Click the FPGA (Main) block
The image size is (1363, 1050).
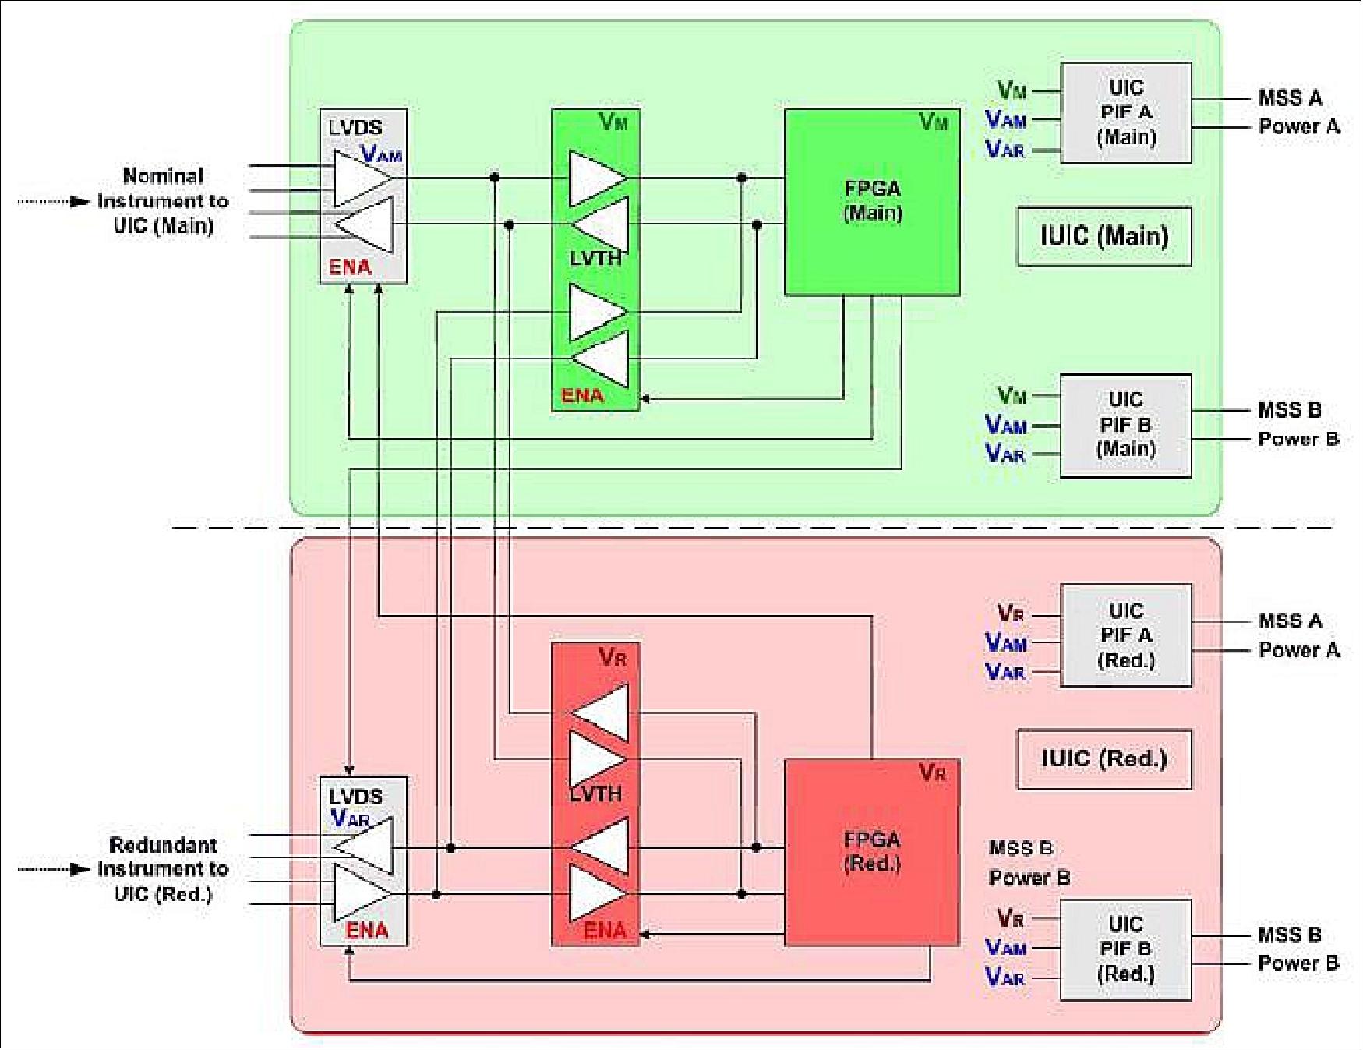click(x=871, y=202)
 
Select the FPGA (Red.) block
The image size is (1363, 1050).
click(x=871, y=852)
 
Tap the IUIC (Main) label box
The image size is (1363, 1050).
click(x=1103, y=236)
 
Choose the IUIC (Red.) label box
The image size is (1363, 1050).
click(x=1103, y=759)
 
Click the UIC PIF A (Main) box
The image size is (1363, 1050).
click(x=1125, y=113)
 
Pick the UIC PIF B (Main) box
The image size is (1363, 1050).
click(x=1125, y=425)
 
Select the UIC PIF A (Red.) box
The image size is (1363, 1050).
click(x=1125, y=635)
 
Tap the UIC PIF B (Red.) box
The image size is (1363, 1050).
click(x=1125, y=949)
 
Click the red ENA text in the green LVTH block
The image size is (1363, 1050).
click(x=583, y=396)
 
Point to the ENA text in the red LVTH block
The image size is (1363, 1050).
click(x=605, y=930)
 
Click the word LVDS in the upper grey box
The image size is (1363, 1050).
click(x=355, y=128)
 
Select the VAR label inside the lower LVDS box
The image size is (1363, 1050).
click(x=350, y=819)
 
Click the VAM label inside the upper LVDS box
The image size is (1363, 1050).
click(x=381, y=155)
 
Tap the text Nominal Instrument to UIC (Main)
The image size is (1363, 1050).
click(x=163, y=201)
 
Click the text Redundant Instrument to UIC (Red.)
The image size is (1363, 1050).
click(x=163, y=869)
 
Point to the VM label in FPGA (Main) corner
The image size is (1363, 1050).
click(x=934, y=122)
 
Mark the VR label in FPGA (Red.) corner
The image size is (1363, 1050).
click(x=932, y=772)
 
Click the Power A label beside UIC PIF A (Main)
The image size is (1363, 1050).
click(x=1298, y=126)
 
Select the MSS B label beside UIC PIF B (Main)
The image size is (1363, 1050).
click(x=1289, y=410)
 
